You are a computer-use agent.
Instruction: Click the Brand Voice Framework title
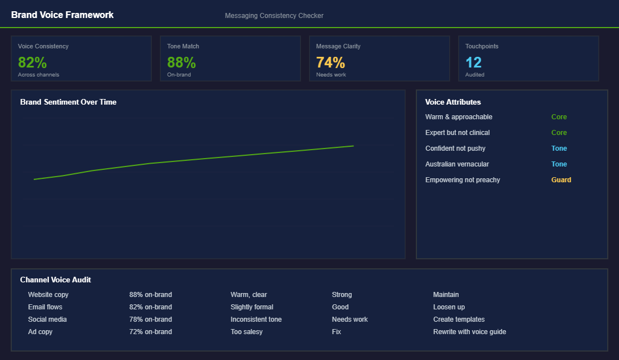coord(62,15)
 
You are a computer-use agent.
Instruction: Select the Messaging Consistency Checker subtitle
coord(274,16)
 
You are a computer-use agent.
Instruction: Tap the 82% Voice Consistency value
coord(32,62)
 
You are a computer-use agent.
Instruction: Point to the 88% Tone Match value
coord(181,62)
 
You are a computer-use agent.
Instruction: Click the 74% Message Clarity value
coord(330,62)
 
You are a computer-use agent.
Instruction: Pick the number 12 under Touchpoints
coord(473,62)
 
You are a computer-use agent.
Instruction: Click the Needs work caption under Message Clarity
coord(331,75)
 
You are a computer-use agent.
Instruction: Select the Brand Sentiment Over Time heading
coord(68,102)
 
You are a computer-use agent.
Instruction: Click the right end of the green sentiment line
coord(353,146)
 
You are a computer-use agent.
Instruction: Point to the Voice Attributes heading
coord(453,102)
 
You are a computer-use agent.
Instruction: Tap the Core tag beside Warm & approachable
coord(559,117)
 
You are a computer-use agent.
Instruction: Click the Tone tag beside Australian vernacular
coord(559,164)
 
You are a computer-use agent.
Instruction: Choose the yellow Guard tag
coord(561,180)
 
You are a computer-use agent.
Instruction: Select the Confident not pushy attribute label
coord(455,148)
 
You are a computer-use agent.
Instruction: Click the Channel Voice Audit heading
coord(55,280)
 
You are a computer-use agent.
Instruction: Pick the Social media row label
coord(47,319)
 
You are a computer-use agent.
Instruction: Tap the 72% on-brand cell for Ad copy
coord(150,332)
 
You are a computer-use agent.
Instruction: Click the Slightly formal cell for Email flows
coord(252,307)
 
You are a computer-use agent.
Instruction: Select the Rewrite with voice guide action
coord(469,332)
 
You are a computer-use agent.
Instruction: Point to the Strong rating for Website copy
coord(342,295)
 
